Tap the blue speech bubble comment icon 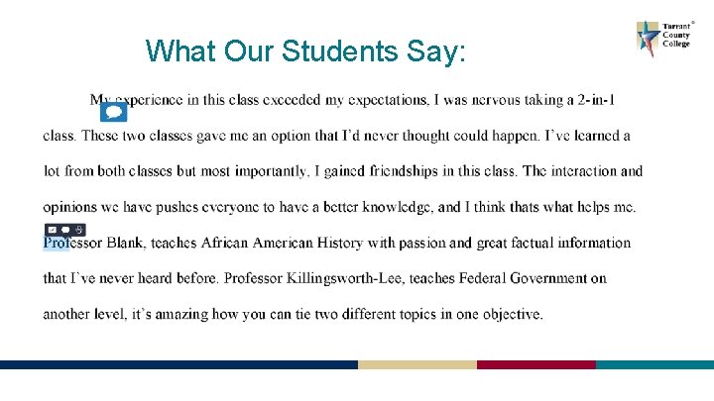coord(115,112)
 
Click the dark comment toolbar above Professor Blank coord(65,230)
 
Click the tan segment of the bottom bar coord(416,364)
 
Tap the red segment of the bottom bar coord(535,364)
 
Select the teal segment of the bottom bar coord(654,364)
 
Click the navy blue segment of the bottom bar coord(178,364)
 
